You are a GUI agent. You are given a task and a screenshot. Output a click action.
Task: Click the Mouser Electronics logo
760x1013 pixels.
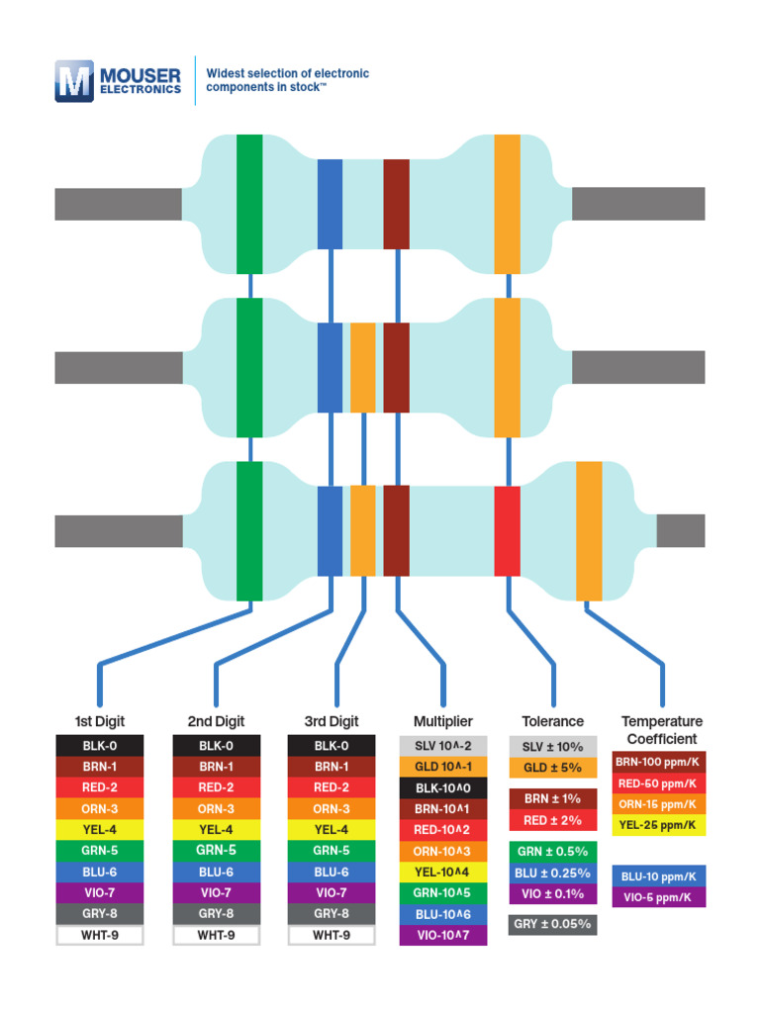tap(119, 81)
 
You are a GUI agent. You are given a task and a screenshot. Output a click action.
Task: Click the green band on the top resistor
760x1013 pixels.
tap(249, 203)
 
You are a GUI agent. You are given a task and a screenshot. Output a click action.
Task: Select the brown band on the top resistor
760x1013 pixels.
tap(396, 203)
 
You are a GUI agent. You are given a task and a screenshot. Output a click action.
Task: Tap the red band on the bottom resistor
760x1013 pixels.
tap(507, 530)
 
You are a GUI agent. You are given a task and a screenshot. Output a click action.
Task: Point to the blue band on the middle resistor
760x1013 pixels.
tap(330, 367)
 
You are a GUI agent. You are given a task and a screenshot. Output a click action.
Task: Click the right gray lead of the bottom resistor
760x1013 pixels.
tap(680, 530)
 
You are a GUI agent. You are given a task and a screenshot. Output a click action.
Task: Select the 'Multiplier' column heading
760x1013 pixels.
tap(442, 721)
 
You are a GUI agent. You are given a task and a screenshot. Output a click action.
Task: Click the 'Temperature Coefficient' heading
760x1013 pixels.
tap(661, 730)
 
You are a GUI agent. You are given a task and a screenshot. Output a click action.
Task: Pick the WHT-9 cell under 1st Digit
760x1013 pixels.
tap(100, 934)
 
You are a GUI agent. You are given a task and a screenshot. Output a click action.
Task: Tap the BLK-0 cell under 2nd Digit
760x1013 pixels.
tap(217, 746)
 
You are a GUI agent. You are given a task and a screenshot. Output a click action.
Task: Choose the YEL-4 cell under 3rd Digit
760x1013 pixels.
tap(332, 829)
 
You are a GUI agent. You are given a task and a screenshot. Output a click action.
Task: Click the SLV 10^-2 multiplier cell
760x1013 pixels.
tap(442, 746)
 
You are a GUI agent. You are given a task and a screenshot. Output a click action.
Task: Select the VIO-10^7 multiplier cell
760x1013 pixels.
tap(442, 935)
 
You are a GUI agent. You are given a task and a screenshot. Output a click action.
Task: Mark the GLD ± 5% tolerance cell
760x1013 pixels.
tap(552, 768)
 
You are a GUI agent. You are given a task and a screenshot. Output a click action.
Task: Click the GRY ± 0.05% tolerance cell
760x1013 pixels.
tap(552, 925)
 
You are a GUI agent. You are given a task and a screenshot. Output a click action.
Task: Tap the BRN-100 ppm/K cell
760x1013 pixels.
tap(659, 762)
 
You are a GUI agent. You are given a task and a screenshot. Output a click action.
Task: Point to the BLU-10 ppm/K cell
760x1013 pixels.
tap(659, 876)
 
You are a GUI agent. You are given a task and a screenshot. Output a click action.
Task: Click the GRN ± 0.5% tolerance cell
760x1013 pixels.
tap(552, 852)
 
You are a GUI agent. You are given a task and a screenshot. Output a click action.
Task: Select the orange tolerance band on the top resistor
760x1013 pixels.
tap(507, 203)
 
